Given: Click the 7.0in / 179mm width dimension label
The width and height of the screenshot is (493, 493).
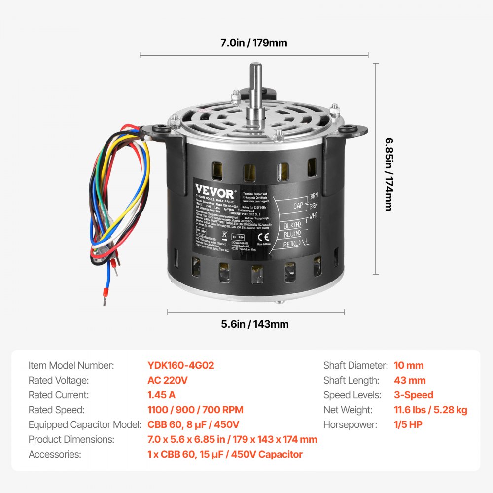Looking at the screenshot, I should [253, 43].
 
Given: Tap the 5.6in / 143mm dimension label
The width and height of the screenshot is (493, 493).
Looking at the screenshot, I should [255, 324].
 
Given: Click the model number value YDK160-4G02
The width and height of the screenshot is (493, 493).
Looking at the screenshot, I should [180, 365].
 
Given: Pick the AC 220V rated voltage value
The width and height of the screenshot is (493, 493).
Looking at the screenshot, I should [168, 380].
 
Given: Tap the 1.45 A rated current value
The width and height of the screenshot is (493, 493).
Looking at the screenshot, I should [161, 395].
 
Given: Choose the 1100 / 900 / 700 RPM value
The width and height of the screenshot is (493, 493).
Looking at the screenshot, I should [195, 410].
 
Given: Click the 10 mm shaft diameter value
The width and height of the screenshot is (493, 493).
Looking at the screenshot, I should [409, 365].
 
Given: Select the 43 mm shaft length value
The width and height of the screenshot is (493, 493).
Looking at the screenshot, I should [410, 380].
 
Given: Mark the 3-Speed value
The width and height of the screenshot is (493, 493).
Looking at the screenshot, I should [414, 395].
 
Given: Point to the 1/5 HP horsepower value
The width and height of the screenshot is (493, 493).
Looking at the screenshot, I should [408, 424].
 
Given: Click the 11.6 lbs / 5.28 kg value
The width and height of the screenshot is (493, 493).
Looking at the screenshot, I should [430, 410].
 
